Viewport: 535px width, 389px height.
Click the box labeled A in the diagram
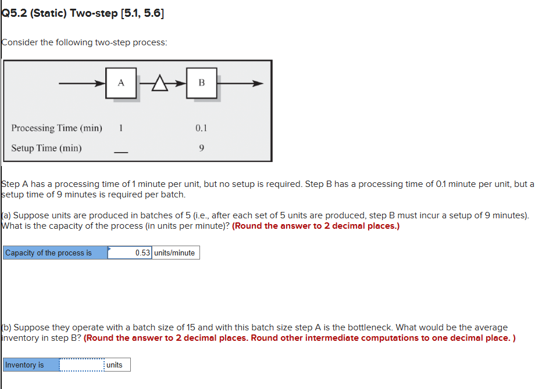(121, 83)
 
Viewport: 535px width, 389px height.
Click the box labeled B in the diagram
(201, 83)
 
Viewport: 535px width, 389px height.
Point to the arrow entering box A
(81, 83)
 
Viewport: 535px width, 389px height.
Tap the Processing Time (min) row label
(56, 128)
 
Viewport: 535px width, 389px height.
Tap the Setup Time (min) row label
(47, 148)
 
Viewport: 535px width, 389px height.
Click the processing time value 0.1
(201, 128)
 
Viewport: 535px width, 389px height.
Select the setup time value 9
(201, 148)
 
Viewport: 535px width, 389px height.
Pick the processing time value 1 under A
(120, 128)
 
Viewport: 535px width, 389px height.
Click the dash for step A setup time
(120, 153)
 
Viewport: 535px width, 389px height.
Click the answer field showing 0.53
(129, 253)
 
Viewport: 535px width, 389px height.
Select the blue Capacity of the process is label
(55, 253)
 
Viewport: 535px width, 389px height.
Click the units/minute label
(175, 253)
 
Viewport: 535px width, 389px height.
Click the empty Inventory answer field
(81, 365)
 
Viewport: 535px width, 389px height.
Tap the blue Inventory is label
(31, 365)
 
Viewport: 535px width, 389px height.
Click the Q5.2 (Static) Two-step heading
(83, 13)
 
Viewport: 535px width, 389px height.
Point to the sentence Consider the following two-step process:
(84, 42)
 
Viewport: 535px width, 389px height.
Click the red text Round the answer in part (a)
(316, 226)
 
